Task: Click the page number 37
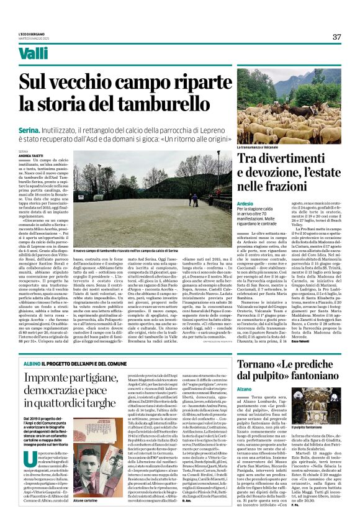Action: (336, 37)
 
